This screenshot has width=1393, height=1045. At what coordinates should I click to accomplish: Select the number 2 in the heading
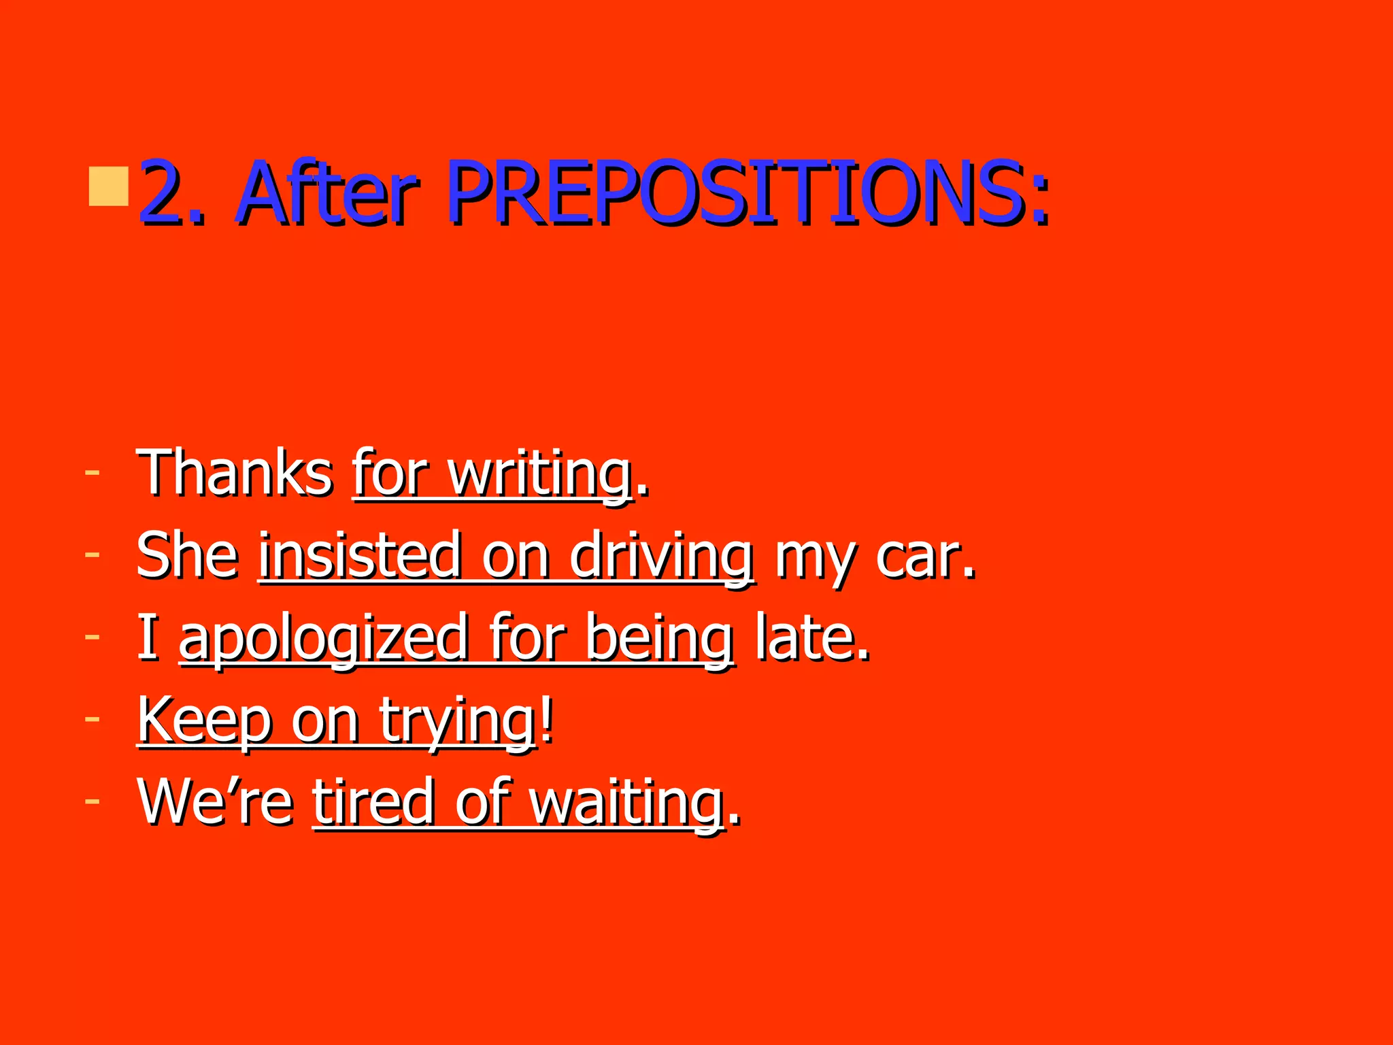click(x=163, y=194)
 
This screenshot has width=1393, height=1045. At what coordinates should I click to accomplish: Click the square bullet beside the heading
click(x=109, y=186)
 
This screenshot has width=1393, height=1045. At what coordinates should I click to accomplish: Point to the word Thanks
click(x=235, y=472)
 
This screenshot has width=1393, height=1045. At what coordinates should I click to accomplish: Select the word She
click(x=187, y=554)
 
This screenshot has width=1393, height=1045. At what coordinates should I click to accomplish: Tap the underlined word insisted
click(x=360, y=554)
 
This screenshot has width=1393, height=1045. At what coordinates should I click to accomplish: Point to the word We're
click(x=215, y=801)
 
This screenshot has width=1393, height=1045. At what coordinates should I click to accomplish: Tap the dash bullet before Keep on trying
click(x=92, y=718)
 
